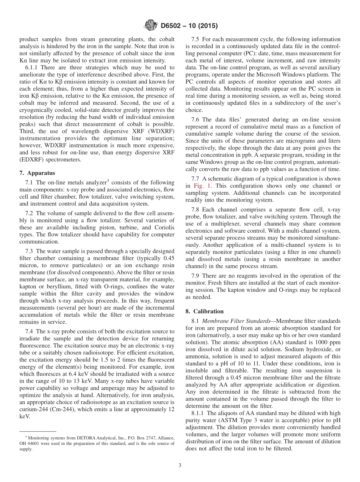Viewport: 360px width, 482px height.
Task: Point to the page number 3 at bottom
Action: pos(180,465)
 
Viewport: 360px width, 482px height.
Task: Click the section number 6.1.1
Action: pos(31,67)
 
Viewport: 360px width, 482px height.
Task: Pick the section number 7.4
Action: pos(30,331)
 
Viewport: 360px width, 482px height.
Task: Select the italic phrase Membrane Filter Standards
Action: pos(239,321)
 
